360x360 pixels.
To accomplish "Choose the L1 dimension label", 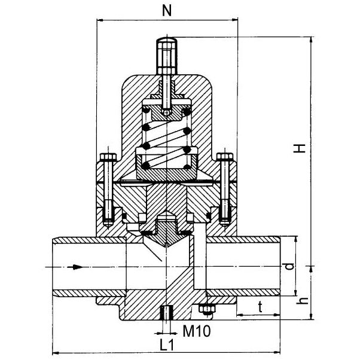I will click(167, 345).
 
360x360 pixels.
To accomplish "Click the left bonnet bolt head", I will click(108, 158).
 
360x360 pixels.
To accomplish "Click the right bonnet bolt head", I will click(225, 158).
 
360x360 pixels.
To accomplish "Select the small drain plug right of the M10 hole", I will click(208, 309).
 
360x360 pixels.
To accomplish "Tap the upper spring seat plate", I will click(166, 111).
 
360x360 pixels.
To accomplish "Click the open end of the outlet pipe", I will click(279, 266).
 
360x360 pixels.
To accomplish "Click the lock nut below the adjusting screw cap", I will click(167, 93).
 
